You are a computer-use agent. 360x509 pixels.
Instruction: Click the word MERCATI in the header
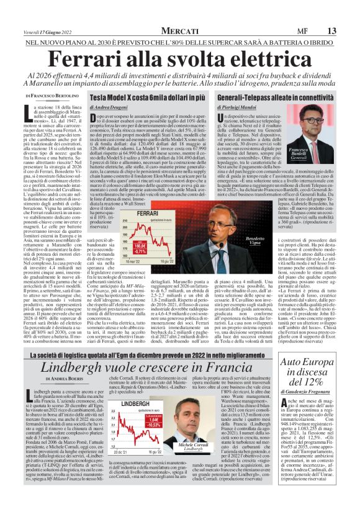click(x=179, y=31)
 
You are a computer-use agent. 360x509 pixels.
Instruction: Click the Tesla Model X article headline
click(x=149, y=98)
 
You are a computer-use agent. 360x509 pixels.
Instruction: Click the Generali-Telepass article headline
click(x=271, y=98)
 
